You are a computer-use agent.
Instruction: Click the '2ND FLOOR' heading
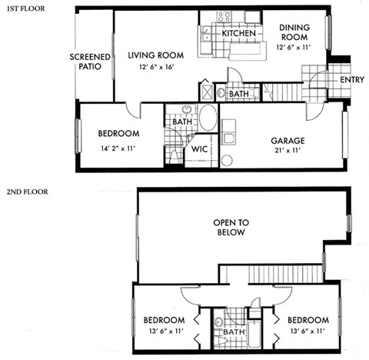pos(27,189)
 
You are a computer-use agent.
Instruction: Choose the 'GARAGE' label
pos(288,141)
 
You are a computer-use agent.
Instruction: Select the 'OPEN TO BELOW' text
pos(231,227)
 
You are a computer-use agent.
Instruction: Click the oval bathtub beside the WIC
pos(208,119)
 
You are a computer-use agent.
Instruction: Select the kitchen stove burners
pos(224,16)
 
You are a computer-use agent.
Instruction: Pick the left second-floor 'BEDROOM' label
pos(165,320)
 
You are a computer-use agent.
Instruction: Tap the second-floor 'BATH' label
pos(233,332)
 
